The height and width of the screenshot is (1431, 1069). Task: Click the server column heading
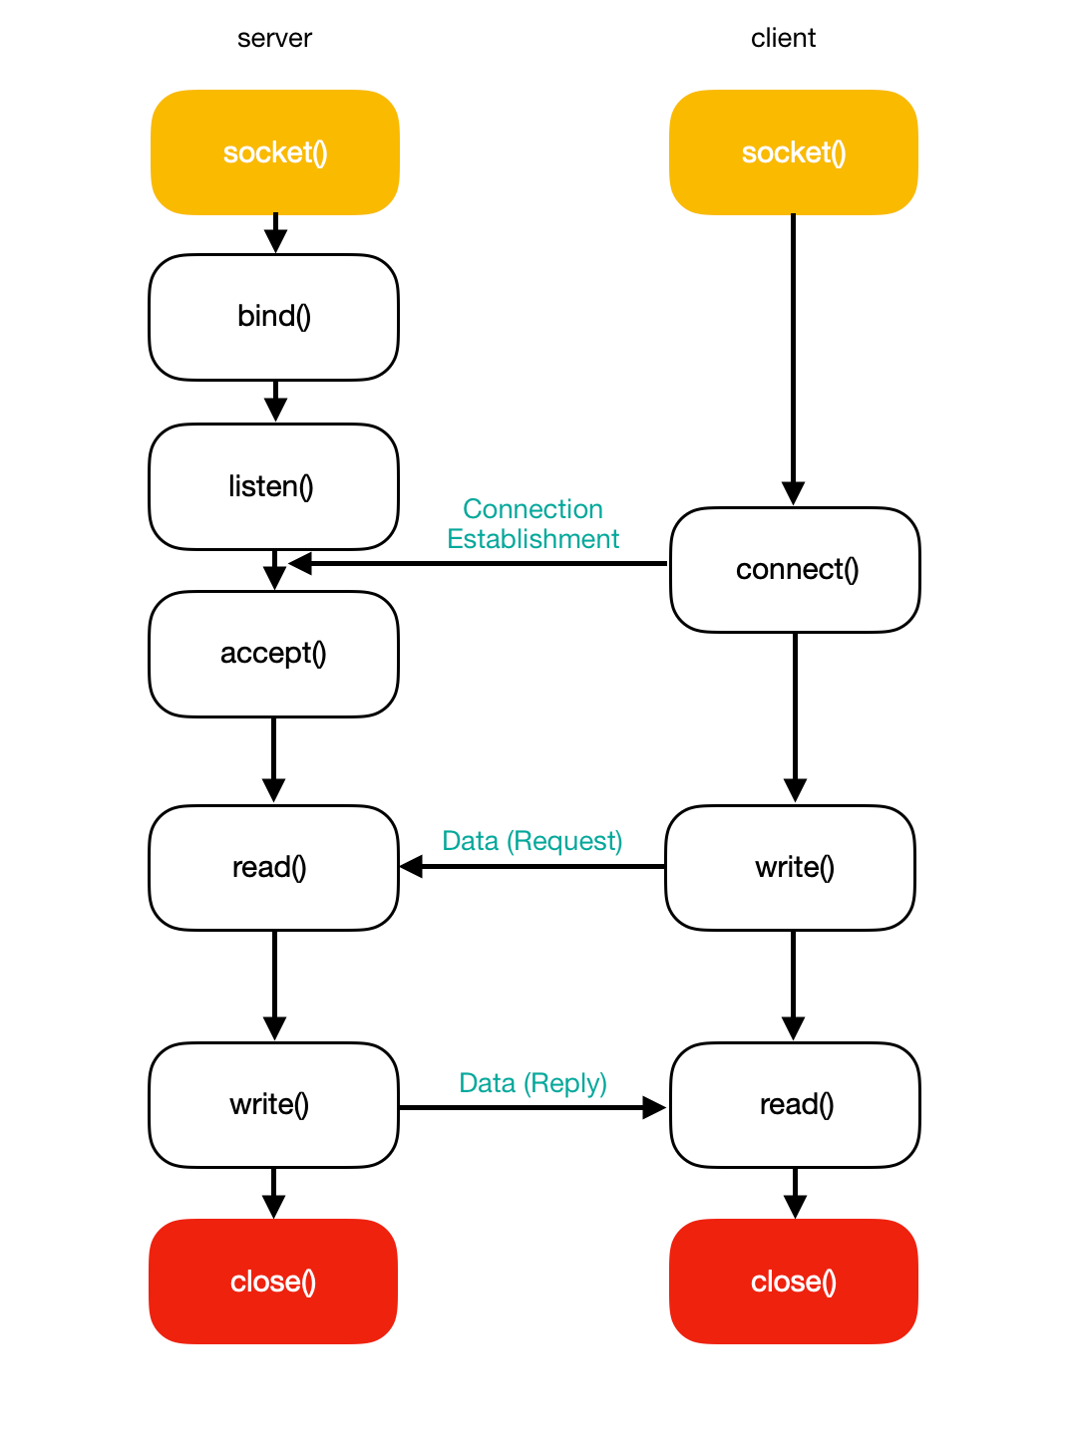274,39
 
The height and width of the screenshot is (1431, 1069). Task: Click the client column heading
783,39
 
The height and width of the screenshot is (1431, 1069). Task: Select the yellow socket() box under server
275,152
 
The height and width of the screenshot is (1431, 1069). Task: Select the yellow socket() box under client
794,152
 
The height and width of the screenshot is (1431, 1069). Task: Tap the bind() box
274,317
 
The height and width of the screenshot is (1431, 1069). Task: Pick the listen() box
274,486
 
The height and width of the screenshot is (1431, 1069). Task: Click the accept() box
274,654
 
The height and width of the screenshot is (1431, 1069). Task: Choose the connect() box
795,570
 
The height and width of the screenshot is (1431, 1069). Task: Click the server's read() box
274,868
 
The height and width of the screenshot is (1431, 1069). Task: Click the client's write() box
791,868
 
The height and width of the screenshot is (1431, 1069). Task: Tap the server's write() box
274,1105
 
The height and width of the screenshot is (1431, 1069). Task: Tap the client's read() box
795,1105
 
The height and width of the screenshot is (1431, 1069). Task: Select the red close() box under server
273,1282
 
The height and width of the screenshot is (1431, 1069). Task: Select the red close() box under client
794,1282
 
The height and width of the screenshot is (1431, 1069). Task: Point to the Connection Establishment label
534,524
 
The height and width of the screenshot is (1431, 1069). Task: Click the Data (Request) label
533,841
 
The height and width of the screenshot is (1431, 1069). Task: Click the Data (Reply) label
533,1083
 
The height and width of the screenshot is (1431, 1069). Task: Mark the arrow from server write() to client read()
534,1107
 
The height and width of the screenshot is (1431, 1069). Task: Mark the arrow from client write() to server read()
534,867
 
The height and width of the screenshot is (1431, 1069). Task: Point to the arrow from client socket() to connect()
793,359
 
